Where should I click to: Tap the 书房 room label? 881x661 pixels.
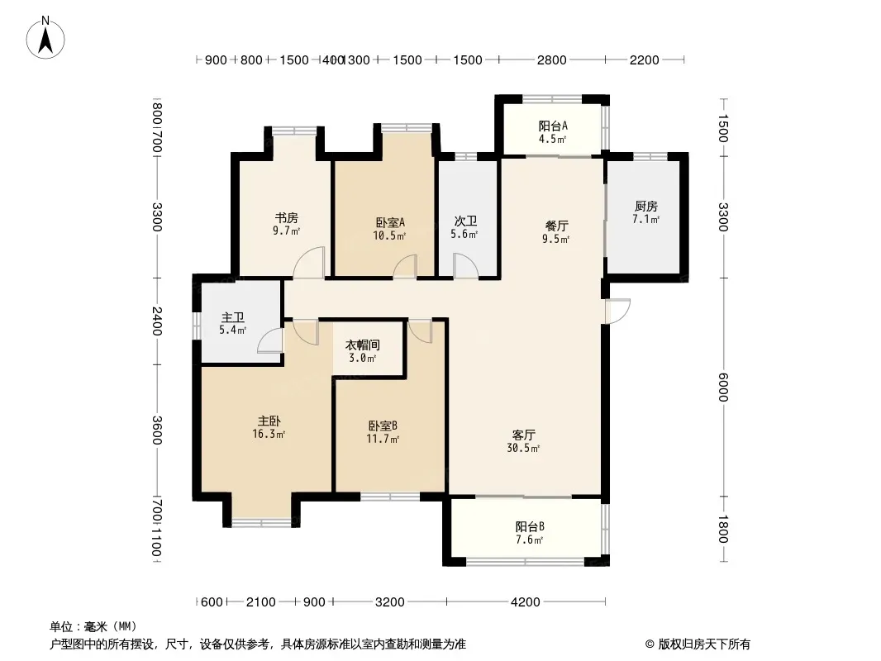286,217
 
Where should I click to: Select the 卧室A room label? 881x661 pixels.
390,222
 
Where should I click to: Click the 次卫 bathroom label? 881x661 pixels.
465,221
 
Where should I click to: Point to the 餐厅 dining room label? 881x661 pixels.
557,226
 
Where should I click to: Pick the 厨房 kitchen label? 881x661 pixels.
645,206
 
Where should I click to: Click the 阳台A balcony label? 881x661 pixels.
553,126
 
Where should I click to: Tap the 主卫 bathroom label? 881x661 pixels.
232,318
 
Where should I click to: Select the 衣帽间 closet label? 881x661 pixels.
363,345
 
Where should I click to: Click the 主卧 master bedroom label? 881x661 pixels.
269,421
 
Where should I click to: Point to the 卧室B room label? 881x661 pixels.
383,426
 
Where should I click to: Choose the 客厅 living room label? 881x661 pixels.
523,435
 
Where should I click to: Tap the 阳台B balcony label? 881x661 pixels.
530,527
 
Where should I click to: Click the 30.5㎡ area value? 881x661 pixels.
523,448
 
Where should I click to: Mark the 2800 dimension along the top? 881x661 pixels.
552,59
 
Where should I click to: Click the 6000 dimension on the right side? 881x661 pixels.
723,388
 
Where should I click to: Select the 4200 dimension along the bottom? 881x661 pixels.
526,602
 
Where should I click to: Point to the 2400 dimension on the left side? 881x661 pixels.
157,321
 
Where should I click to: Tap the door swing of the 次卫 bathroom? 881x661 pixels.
466,265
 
